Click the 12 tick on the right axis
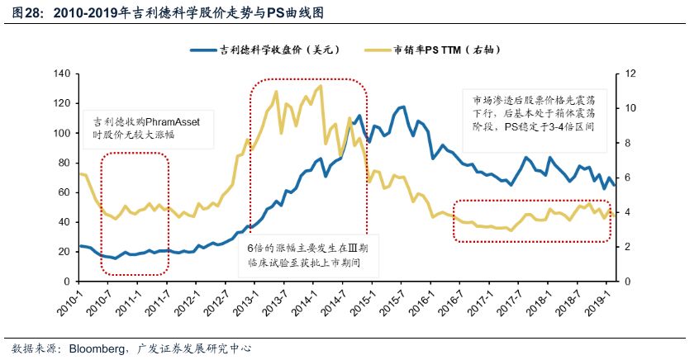point(632,73)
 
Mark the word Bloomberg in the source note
point(94,348)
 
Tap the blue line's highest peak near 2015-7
point(402,107)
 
